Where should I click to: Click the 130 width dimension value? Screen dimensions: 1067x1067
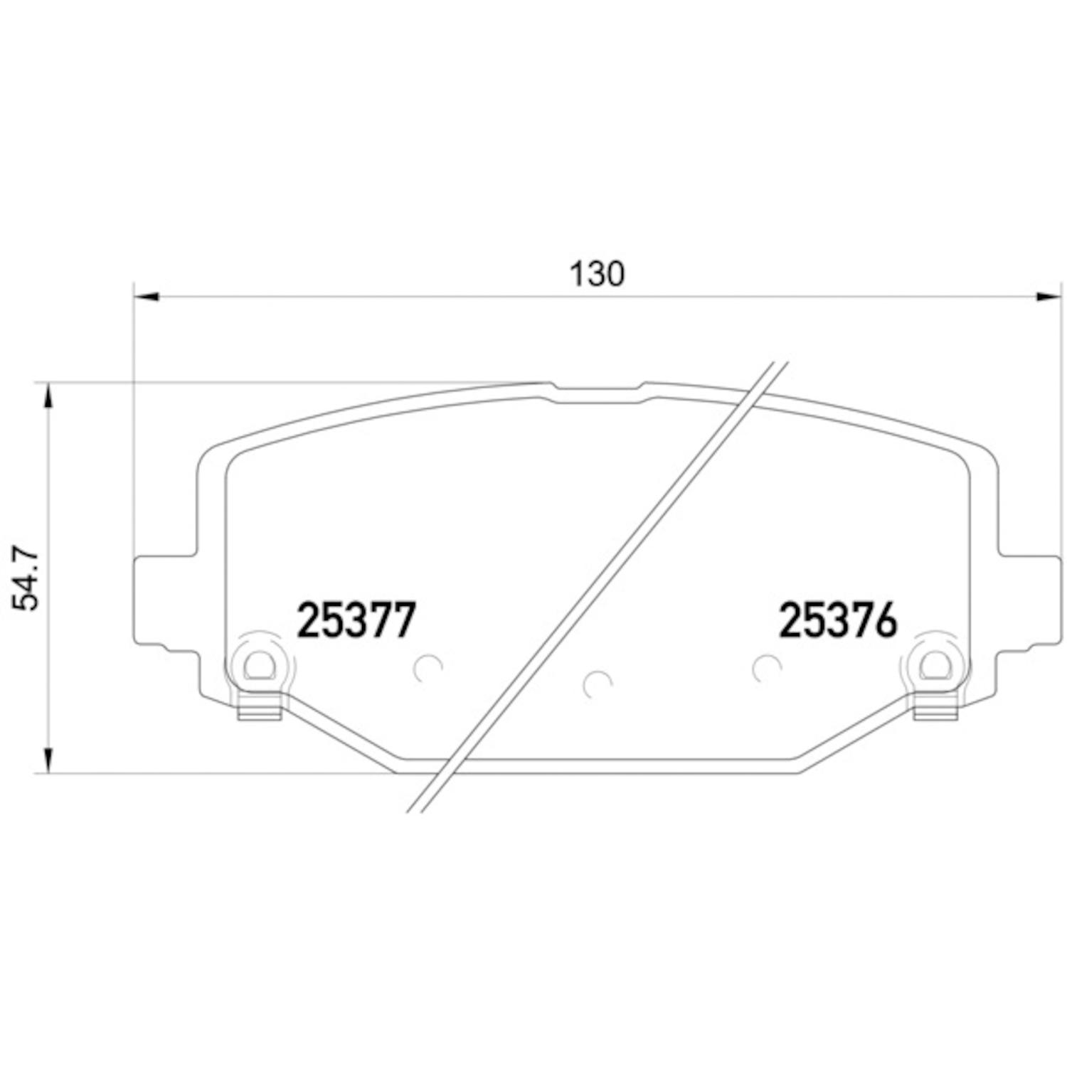click(598, 274)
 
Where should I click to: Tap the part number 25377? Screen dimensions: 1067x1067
click(355, 620)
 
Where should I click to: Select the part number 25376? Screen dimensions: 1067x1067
click(839, 620)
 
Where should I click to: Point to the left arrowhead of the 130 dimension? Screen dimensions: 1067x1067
click(147, 297)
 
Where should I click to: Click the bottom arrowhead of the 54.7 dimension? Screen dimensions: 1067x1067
click(48, 759)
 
